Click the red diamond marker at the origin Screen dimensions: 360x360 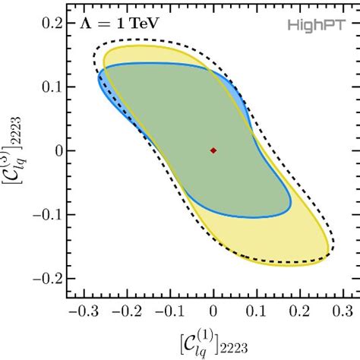point(213,150)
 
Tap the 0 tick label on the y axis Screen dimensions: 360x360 point(57,150)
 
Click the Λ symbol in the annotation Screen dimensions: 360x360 point(85,24)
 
